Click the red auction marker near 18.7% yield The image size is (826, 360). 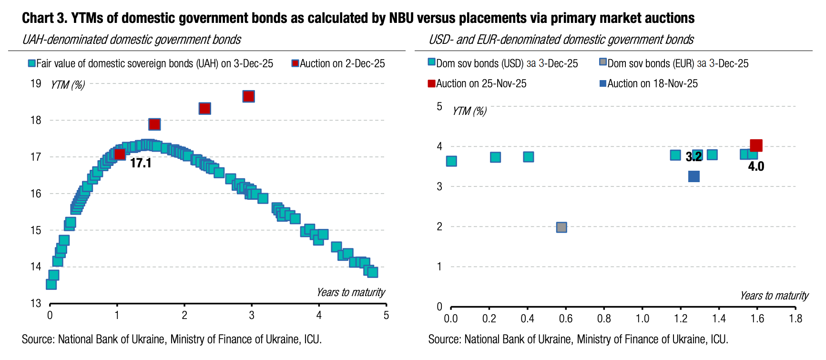tap(248, 96)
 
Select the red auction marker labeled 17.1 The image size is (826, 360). tap(120, 154)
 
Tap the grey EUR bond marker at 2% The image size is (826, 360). tap(561, 227)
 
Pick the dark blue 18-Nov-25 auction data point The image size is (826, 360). tap(694, 176)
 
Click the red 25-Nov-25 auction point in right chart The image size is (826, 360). tap(756, 145)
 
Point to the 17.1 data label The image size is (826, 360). tap(141, 163)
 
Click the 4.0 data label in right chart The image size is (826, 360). tap(756, 166)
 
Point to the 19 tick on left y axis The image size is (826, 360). tap(36, 83)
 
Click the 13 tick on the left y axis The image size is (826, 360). tap(36, 303)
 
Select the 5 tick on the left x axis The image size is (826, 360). tap(386, 315)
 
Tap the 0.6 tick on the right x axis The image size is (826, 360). tap(566, 319)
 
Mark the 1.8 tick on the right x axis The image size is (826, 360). tap(795, 319)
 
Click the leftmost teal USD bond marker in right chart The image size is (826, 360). tap(451, 161)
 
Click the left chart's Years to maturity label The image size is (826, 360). tap(350, 292)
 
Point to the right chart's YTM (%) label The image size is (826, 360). tap(469, 111)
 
